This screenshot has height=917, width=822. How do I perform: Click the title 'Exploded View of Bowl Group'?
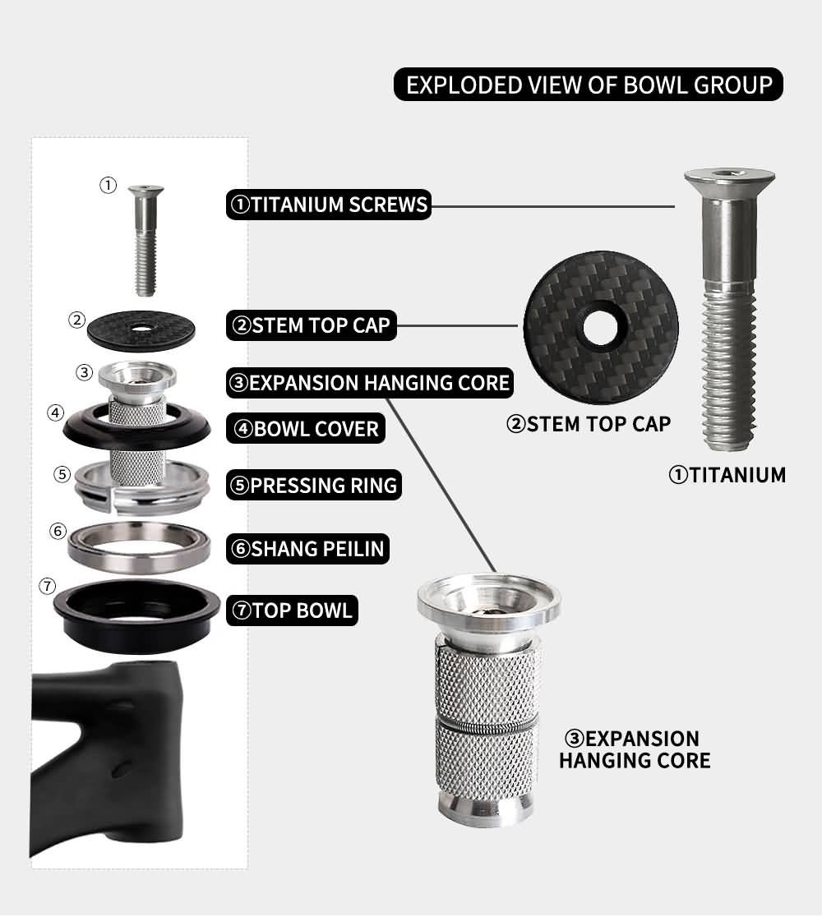(x=588, y=85)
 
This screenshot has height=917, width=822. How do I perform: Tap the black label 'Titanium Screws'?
(x=329, y=205)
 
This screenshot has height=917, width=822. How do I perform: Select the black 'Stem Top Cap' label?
(x=312, y=325)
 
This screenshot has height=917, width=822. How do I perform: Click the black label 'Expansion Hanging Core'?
(x=370, y=383)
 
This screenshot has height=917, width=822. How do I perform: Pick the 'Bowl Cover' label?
(x=306, y=429)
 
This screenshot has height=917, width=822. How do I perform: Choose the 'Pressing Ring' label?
(x=313, y=486)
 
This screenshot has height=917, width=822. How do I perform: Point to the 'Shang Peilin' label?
(x=307, y=549)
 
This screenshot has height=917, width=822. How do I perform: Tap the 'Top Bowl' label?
(x=292, y=611)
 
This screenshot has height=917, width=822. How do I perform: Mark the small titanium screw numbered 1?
(x=145, y=241)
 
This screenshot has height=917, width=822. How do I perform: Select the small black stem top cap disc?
(x=141, y=329)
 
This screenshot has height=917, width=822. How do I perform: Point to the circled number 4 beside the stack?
(x=56, y=412)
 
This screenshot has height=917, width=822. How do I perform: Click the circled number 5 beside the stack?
(x=62, y=474)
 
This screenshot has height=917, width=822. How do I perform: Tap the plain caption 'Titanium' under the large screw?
(x=727, y=475)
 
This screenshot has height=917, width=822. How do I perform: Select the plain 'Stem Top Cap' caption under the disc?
(x=589, y=424)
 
